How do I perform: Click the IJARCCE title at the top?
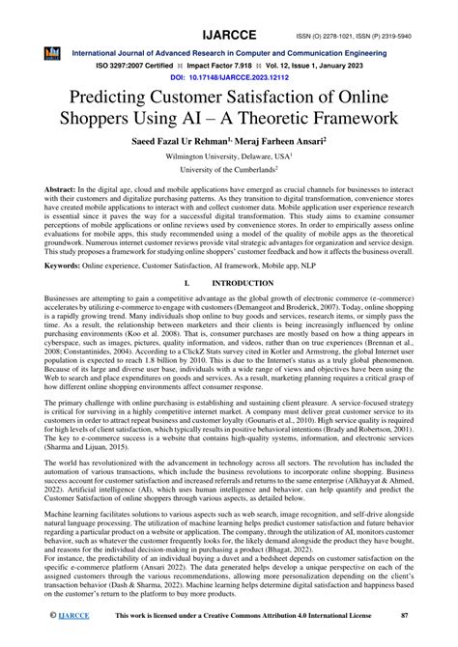(x=228, y=13)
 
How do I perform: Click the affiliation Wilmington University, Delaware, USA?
(x=228, y=163)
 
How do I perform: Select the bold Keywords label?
(x=50, y=289)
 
